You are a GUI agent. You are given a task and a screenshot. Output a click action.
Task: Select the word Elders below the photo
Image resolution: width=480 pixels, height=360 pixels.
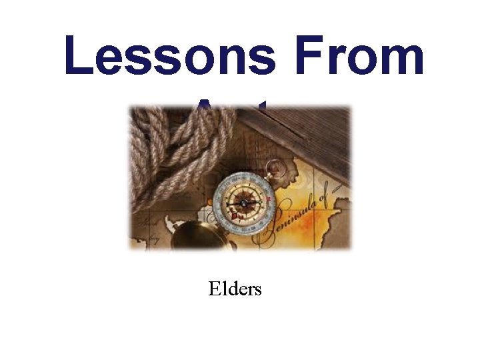(x=235, y=289)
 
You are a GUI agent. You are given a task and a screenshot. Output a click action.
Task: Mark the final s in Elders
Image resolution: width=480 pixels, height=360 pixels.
(x=257, y=291)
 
